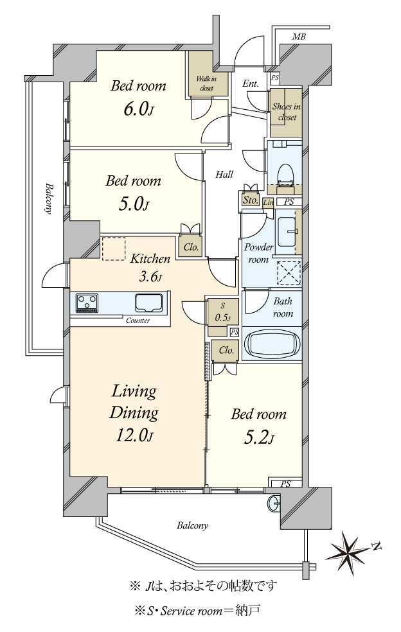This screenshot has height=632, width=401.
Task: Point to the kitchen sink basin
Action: (x=149, y=303)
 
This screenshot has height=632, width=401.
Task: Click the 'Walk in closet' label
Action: (x=206, y=83)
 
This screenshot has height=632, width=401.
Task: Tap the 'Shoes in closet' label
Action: (x=287, y=112)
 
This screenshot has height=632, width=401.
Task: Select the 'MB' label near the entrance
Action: (x=299, y=37)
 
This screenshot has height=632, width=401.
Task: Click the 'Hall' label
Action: (x=224, y=175)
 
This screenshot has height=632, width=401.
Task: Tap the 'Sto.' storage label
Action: (x=251, y=200)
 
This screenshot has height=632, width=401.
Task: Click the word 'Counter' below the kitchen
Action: (x=138, y=321)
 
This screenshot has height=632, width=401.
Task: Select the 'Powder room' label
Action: (x=258, y=253)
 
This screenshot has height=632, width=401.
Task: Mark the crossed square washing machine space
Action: (x=289, y=272)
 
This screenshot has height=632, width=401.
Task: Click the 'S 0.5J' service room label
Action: (x=223, y=313)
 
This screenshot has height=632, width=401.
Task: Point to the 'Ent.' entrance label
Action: (x=251, y=84)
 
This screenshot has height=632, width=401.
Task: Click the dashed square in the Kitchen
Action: (x=113, y=249)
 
